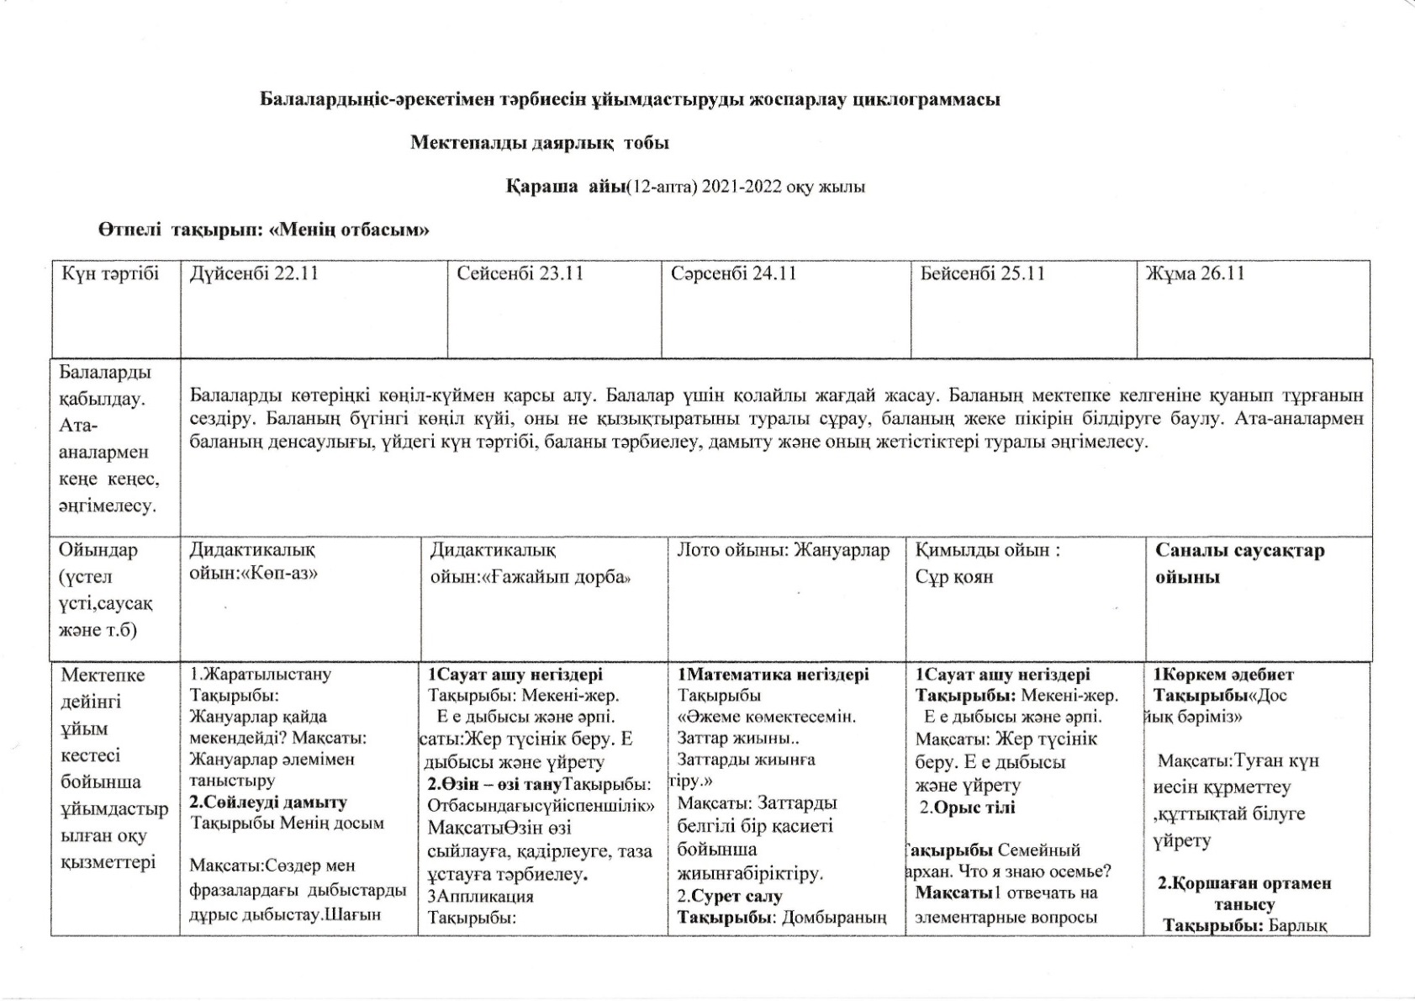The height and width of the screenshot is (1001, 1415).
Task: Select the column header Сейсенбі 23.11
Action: [520, 274]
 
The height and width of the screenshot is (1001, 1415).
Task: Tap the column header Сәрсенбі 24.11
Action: [733, 274]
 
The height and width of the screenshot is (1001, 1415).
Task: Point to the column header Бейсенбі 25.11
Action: [982, 274]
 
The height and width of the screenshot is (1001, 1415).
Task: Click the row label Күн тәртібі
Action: [110, 274]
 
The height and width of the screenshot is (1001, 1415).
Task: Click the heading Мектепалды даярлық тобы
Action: [539, 143]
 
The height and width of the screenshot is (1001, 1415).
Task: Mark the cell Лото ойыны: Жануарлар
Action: [783, 551]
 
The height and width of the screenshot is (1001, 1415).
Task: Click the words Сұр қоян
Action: [953, 577]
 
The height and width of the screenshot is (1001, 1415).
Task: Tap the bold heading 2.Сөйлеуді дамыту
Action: [268, 802]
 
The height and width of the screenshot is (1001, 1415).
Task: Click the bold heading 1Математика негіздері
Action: [773, 675]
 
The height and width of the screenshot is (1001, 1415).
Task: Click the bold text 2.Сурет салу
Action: [730, 896]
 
